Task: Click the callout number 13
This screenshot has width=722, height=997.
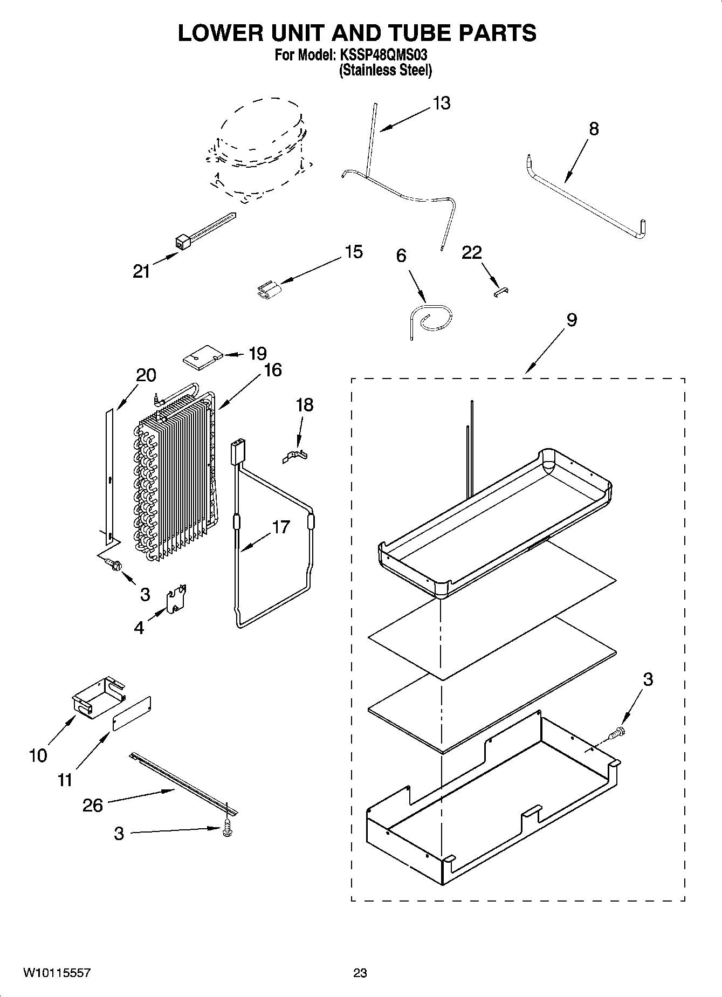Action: click(441, 103)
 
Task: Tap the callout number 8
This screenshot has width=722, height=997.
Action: click(594, 129)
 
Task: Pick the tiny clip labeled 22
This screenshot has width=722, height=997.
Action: click(502, 291)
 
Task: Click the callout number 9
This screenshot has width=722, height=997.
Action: click(572, 320)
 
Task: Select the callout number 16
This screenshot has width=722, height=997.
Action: click(273, 370)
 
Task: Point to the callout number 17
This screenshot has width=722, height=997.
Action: click(281, 527)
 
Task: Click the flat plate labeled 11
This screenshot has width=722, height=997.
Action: click(132, 713)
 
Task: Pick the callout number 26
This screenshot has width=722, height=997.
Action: click(93, 806)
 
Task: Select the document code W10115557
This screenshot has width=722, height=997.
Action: click(56, 972)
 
